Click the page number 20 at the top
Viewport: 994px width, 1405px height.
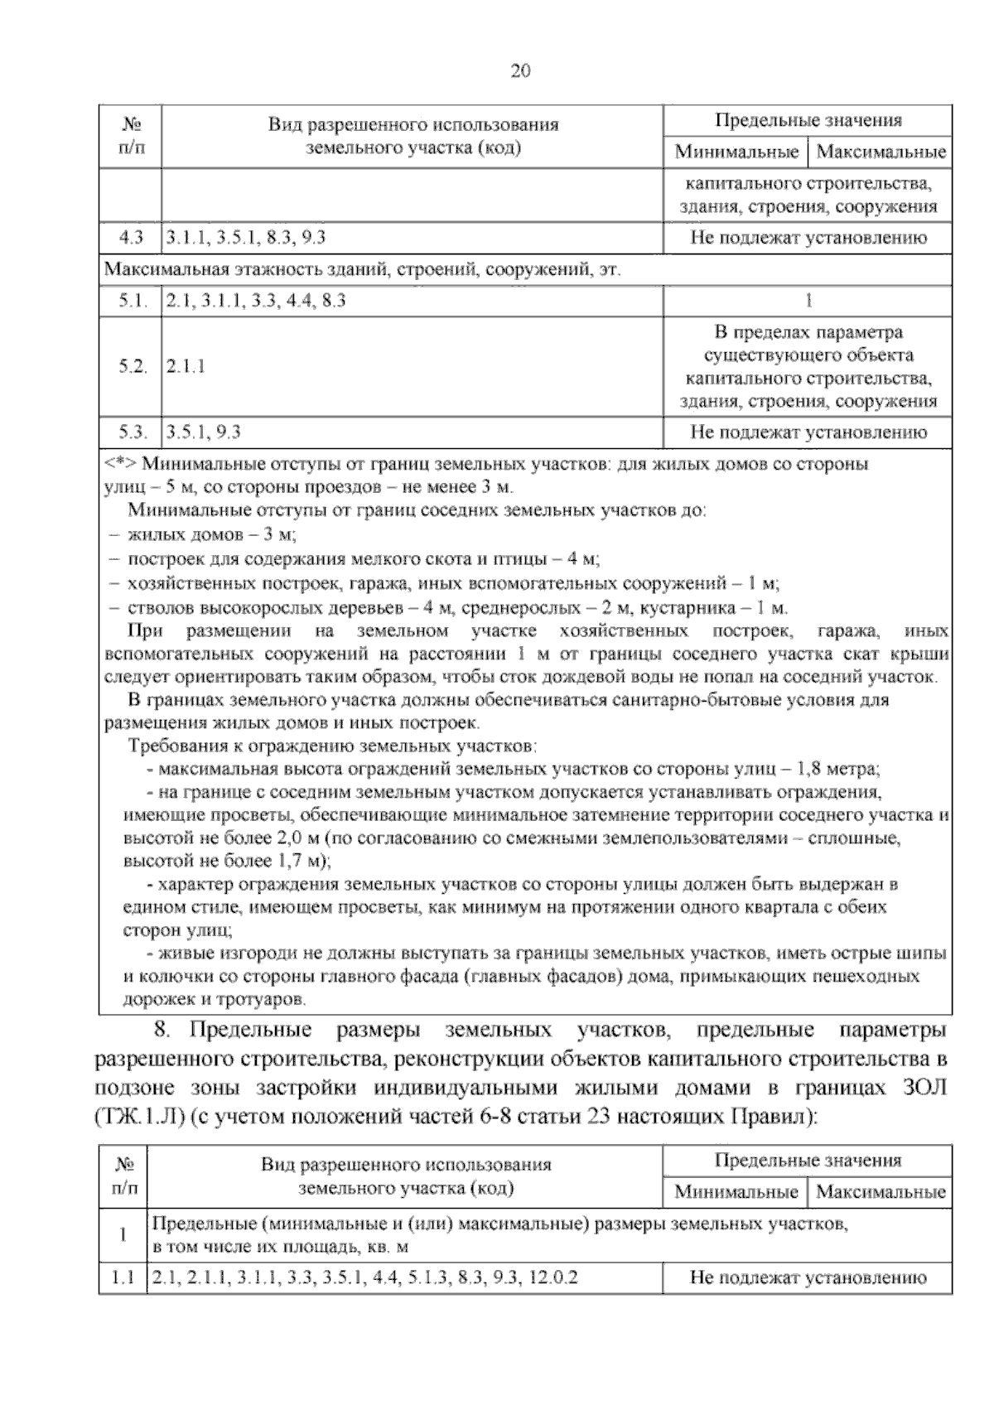(519, 71)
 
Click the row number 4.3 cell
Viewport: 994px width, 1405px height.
(131, 239)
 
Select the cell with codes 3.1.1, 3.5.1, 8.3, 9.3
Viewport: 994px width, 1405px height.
(245, 239)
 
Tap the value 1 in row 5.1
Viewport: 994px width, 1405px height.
(808, 301)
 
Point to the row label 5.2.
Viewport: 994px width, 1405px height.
(132, 366)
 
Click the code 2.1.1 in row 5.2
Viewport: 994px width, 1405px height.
(186, 366)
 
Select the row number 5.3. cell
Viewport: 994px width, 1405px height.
(132, 432)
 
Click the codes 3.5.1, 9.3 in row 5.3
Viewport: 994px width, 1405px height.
(204, 432)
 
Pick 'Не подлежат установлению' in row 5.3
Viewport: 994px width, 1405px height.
(808, 432)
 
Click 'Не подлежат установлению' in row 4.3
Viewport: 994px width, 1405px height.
(808, 239)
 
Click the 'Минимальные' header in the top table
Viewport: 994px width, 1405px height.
(736, 152)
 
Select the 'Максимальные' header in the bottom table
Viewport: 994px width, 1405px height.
(881, 1192)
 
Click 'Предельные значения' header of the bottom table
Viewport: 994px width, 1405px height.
(808, 1161)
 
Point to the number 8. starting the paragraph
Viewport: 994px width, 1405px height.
(162, 1031)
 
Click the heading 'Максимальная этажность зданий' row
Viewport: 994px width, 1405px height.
(363, 270)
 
